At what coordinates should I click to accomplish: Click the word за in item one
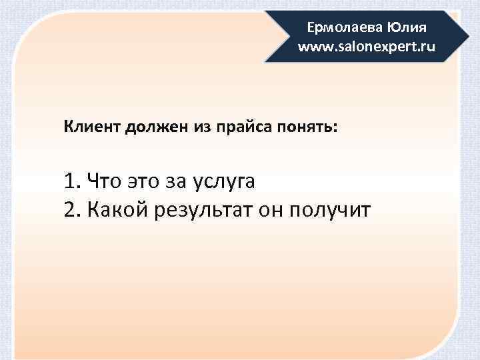[175, 181]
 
